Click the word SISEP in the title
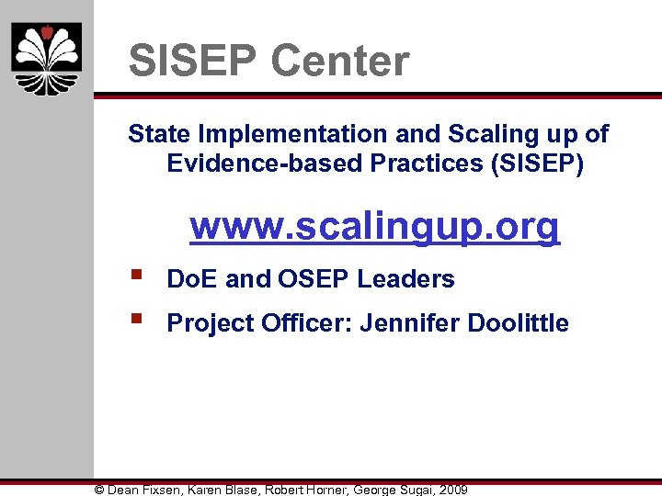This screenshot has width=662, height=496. click(x=192, y=62)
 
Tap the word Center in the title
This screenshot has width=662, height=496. click(x=339, y=62)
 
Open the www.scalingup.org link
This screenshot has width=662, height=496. click(x=374, y=225)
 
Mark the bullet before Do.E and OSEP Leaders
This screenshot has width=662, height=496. click(x=135, y=275)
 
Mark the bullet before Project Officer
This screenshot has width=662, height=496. click(x=135, y=320)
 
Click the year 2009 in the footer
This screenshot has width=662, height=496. click(x=452, y=490)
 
